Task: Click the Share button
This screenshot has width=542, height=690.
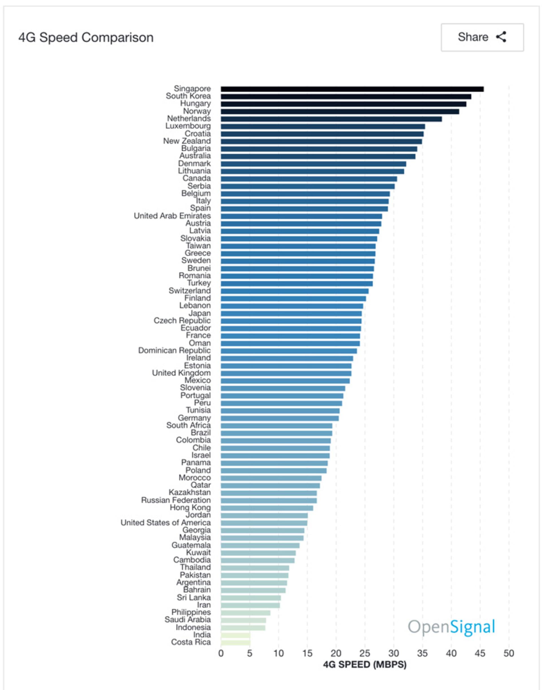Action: (482, 37)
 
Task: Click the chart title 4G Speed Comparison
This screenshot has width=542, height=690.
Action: (86, 38)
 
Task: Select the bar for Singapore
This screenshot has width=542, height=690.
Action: (352, 89)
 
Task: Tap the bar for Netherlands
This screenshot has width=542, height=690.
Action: (331, 119)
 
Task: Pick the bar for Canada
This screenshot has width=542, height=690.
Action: (309, 179)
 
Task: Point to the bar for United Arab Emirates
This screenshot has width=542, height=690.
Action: (301, 216)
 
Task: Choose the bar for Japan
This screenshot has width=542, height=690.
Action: (291, 314)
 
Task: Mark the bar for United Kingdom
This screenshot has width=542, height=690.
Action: (286, 373)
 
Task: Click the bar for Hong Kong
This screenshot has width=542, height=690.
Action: (267, 508)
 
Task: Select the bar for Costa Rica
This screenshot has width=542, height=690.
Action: (235, 643)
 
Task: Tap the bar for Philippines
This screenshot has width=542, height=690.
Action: (246, 613)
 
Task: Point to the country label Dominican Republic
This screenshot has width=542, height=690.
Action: (174, 351)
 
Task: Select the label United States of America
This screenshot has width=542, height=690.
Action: (166, 523)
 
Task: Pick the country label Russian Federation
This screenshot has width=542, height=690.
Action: (176, 500)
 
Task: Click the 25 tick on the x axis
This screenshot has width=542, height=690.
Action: (365, 654)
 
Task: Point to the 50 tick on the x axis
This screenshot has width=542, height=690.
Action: (509, 654)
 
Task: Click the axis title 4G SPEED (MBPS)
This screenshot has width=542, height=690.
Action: (365, 665)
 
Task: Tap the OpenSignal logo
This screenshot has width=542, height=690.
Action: (451, 627)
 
